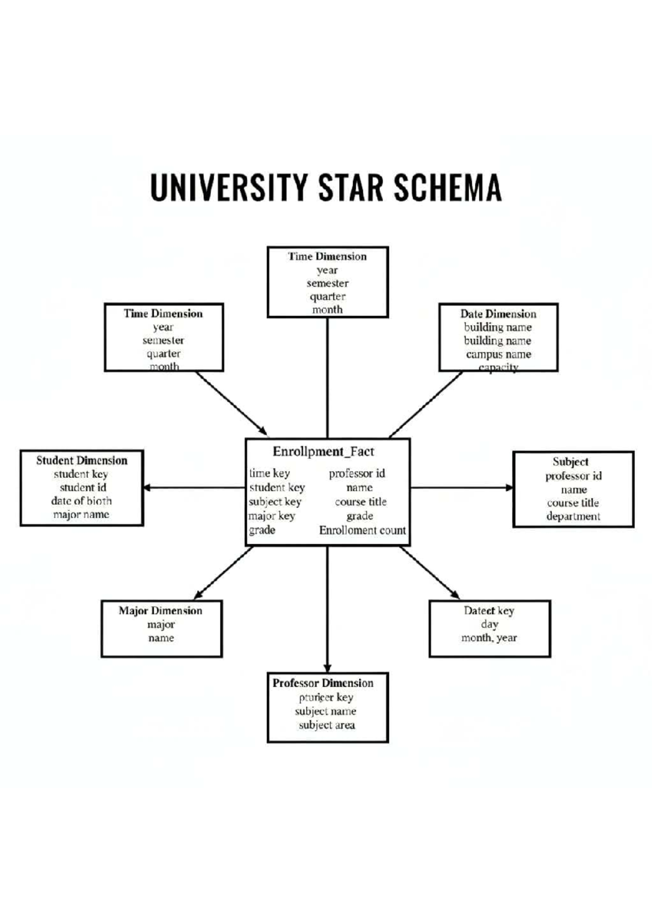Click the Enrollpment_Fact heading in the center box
coord(323,452)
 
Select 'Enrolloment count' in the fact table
coord(362,531)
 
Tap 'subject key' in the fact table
coord(275,502)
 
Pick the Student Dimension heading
coord(82,460)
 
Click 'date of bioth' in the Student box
coord(81,501)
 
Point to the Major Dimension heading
coord(160,611)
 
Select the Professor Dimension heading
coord(323,683)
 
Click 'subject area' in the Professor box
coord(327,725)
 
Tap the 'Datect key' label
coord(489,611)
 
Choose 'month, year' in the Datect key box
coord(489,638)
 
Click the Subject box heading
coord(570,462)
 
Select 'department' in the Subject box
coord(573,516)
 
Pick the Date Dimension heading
coord(498,314)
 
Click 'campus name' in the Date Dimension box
coord(498,354)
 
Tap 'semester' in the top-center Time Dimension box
coord(328,283)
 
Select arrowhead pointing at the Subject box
coord(509,488)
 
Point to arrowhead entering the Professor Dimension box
coord(327,668)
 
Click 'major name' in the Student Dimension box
coord(81,515)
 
